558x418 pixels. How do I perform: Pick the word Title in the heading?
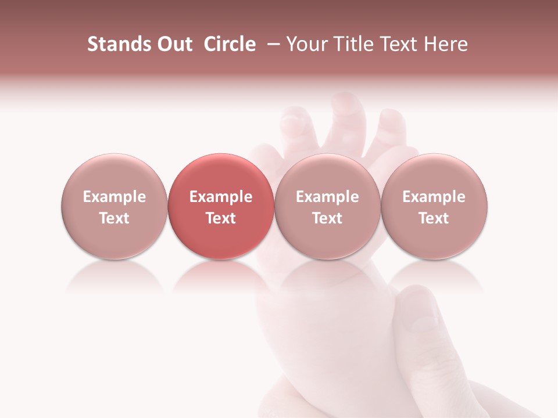pyautogui.click(x=353, y=44)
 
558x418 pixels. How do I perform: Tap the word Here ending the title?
pyautogui.click(x=446, y=44)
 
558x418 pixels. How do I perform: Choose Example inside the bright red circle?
pyautogui.click(x=221, y=197)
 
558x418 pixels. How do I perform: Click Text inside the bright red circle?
pyautogui.click(x=221, y=218)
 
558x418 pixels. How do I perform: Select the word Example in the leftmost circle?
pyautogui.click(x=115, y=197)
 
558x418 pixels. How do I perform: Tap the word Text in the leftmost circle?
pyautogui.click(x=115, y=218)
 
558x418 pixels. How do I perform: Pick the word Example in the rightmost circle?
pyautogui.click(x=434, y=197)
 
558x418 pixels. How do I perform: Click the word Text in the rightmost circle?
pyautogui.click(x=434, y=218)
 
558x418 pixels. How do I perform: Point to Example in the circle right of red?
pyautogui.click(x=327, y=197)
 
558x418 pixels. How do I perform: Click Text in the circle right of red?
pyautogui.click(x=327, y=218)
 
